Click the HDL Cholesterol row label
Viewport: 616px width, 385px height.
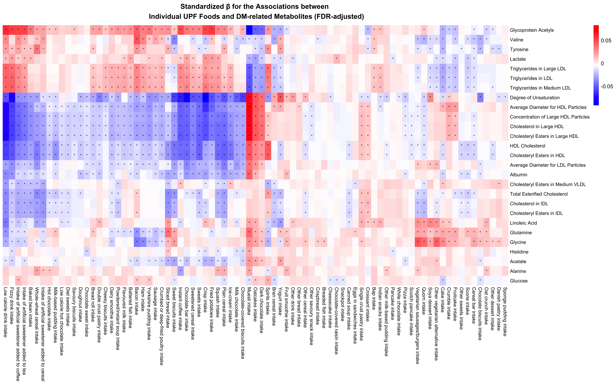(527, 146)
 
